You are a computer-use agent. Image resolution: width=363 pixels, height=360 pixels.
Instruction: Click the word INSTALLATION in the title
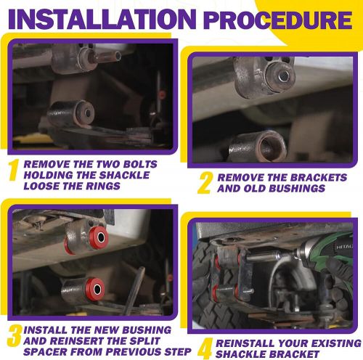tap(102, 19)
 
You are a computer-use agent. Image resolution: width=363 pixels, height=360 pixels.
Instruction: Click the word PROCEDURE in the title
tap(278, 20)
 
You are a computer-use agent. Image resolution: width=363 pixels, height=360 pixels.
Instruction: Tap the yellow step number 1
tap(14, 170)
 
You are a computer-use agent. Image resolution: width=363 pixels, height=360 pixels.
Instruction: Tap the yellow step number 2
tap(205, 183)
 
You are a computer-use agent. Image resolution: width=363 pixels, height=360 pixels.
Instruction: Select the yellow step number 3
tap(15, 335)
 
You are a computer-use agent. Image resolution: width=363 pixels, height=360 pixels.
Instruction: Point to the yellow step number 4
tap(205, 349)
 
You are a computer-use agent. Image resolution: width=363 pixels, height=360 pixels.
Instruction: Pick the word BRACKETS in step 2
tap(319, 178)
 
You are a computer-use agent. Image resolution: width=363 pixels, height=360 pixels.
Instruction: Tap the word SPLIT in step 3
tap(144, 341)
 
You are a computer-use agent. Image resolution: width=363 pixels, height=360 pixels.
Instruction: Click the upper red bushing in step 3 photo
tap(99, 237)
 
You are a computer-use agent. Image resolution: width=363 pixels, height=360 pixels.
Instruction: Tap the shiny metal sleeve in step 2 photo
tap(284, 76)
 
